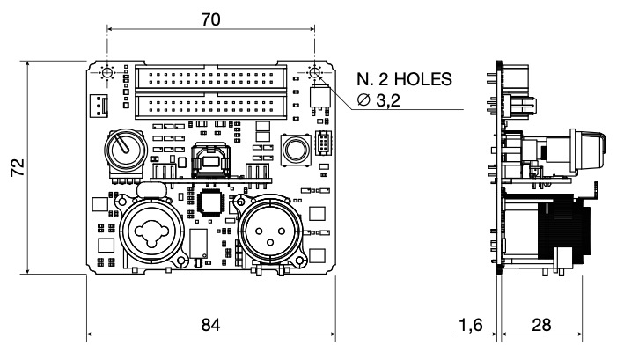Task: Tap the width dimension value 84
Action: point(210,324)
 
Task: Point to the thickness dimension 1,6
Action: point(471,324)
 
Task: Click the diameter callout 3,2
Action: point(393,102)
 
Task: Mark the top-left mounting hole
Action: point(107,72)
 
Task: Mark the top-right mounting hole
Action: point(314,72)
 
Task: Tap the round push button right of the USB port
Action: point(294,148)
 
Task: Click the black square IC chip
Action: point(212,202)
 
